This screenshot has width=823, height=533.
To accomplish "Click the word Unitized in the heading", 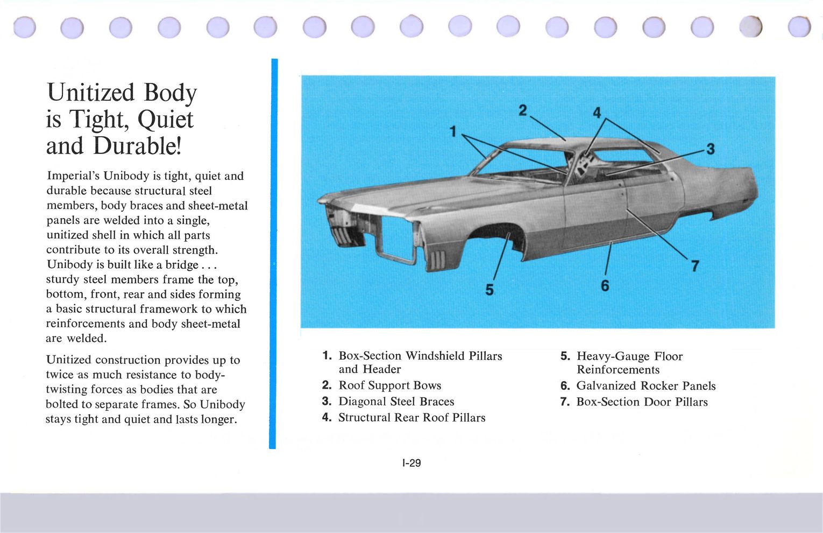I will pos(90,93).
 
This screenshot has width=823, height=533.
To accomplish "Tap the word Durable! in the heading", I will pos(137,146).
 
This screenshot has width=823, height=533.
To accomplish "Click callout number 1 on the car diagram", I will pos(453,131).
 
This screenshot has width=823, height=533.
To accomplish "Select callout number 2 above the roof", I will pos(523,110).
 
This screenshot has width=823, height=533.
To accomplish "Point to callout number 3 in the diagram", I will pos(710,149).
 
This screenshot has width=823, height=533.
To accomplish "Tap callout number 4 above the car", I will pos(597,113).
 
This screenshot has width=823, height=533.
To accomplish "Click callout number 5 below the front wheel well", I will pos(489,290).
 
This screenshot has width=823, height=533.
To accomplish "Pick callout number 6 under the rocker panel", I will pos(605,285).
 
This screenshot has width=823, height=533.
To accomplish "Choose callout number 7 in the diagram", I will pos(695,265).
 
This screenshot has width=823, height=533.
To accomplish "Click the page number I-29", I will pos(411,463).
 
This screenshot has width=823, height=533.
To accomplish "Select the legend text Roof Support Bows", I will pos(389,385).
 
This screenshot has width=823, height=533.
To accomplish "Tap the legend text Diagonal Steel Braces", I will pos(396,402).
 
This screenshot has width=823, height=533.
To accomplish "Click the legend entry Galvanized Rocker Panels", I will pos(645,386).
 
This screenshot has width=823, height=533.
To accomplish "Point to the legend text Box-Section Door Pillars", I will pos(642,402).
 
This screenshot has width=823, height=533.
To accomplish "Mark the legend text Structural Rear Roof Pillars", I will pos(411,418).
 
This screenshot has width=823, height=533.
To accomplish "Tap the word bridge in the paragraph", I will pos(181,265).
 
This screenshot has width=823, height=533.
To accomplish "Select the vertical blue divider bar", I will pos(273,253).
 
